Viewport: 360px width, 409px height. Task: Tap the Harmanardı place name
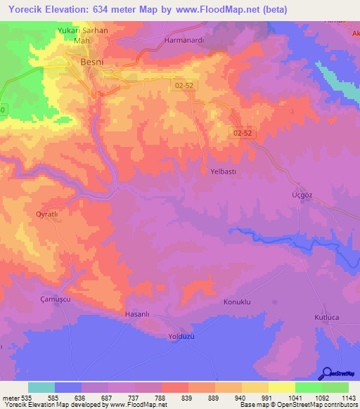[x=184, y=40]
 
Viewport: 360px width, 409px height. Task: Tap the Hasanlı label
[x=138, y=314]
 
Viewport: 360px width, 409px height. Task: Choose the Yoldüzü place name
[x=181, y=335]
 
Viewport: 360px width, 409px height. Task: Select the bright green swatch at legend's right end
[x=335, y=387]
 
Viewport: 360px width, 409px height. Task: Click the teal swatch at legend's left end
[x=41, y=387]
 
